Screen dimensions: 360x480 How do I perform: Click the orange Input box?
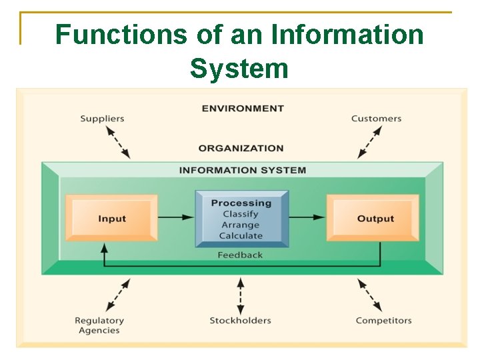[x=111, y=218]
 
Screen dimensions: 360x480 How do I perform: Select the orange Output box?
[x=373, y=218]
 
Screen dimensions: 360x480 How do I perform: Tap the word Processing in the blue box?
[x=241, y=203]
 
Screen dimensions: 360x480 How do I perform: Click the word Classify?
[x=241, y=214]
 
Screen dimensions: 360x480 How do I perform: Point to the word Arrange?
[x=241, y=225]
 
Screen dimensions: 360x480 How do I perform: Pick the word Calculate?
[x=241, y=235]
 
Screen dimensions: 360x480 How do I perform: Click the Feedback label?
[x=240, y=255]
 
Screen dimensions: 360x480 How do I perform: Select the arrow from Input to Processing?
[x=177, y=217]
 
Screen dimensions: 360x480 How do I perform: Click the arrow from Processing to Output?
[x=308, y=217]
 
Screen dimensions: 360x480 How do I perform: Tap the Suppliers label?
[x=102, y=119]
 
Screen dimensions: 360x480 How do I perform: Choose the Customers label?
[x=376, y=119]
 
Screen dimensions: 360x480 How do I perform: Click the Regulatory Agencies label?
[x=99, y=325]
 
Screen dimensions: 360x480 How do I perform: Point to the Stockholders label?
[x=240, y=320]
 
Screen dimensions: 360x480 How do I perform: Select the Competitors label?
[x=383, y=320]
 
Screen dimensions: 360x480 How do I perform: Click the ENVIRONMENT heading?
[x=243, y=108]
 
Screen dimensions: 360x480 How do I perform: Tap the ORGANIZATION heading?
[x=241, y=148]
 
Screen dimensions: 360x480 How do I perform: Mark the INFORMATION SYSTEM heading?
[x=243, y=170]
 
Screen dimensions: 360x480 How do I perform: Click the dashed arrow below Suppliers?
[x=118, y=141]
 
